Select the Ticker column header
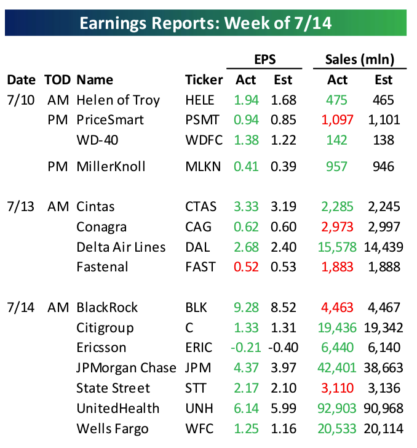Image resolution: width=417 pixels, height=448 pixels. pyautogui.click(x=204, y=80)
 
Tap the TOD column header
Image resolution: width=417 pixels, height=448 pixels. pyautogui.click(x=57, y=80)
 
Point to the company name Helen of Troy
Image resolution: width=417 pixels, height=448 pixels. pyautogui.click(x=118, y=100)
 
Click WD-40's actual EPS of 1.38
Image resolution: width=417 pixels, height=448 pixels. pyautogui.click(x=247, y=140)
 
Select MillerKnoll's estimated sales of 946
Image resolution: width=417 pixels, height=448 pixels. pyautogui.click(x=383, y=167)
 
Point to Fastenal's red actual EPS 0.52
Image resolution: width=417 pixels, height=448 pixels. pyautogui.click(x=247, y=267)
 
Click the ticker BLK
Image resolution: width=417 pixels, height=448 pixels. pyautogui.click(x=196, y=307)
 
